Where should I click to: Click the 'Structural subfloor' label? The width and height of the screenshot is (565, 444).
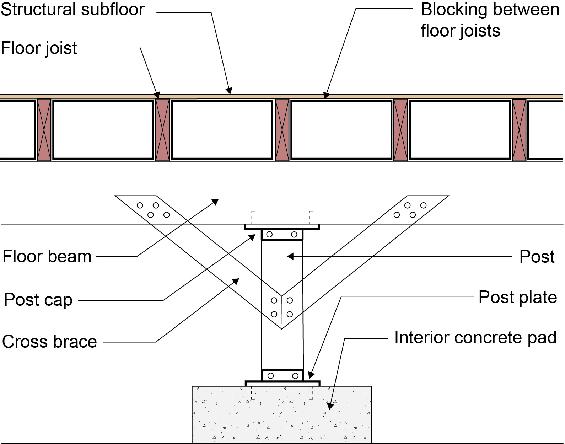tap(72, 10)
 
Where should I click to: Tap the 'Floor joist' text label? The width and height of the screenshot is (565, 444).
tap(39, 48)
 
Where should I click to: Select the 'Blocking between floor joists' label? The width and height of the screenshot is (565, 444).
tap(490, 20)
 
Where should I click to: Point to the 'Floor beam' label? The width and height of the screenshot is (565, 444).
tap(47, 256)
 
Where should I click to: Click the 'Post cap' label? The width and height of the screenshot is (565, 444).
tap(38, 300)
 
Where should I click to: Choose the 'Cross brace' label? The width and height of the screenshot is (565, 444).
tap(49, 342)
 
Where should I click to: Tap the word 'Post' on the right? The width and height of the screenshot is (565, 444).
tap(537, 257)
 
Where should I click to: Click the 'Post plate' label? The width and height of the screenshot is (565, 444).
tap(518, 298)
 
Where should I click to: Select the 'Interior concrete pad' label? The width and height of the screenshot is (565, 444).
tap(475, 338)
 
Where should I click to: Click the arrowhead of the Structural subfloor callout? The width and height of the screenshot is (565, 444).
tap(229, 91)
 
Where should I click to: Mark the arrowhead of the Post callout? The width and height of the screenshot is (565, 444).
tap(290, 256)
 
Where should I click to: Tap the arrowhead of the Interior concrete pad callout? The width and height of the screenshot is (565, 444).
tap(330, 406)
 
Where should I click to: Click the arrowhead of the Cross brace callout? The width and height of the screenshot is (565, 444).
tap(236, 282)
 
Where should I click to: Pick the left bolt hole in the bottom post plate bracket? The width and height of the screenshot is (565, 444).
tap(270, 376)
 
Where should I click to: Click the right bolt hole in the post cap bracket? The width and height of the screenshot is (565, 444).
tap(294, 235)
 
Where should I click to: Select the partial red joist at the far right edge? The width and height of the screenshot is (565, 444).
tap(519, 130)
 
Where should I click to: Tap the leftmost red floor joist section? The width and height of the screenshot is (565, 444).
tap(44, 130)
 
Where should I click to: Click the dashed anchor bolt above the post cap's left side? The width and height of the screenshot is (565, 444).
tap(253, 218)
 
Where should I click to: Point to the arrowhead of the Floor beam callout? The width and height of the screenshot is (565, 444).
tap(215, 202)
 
